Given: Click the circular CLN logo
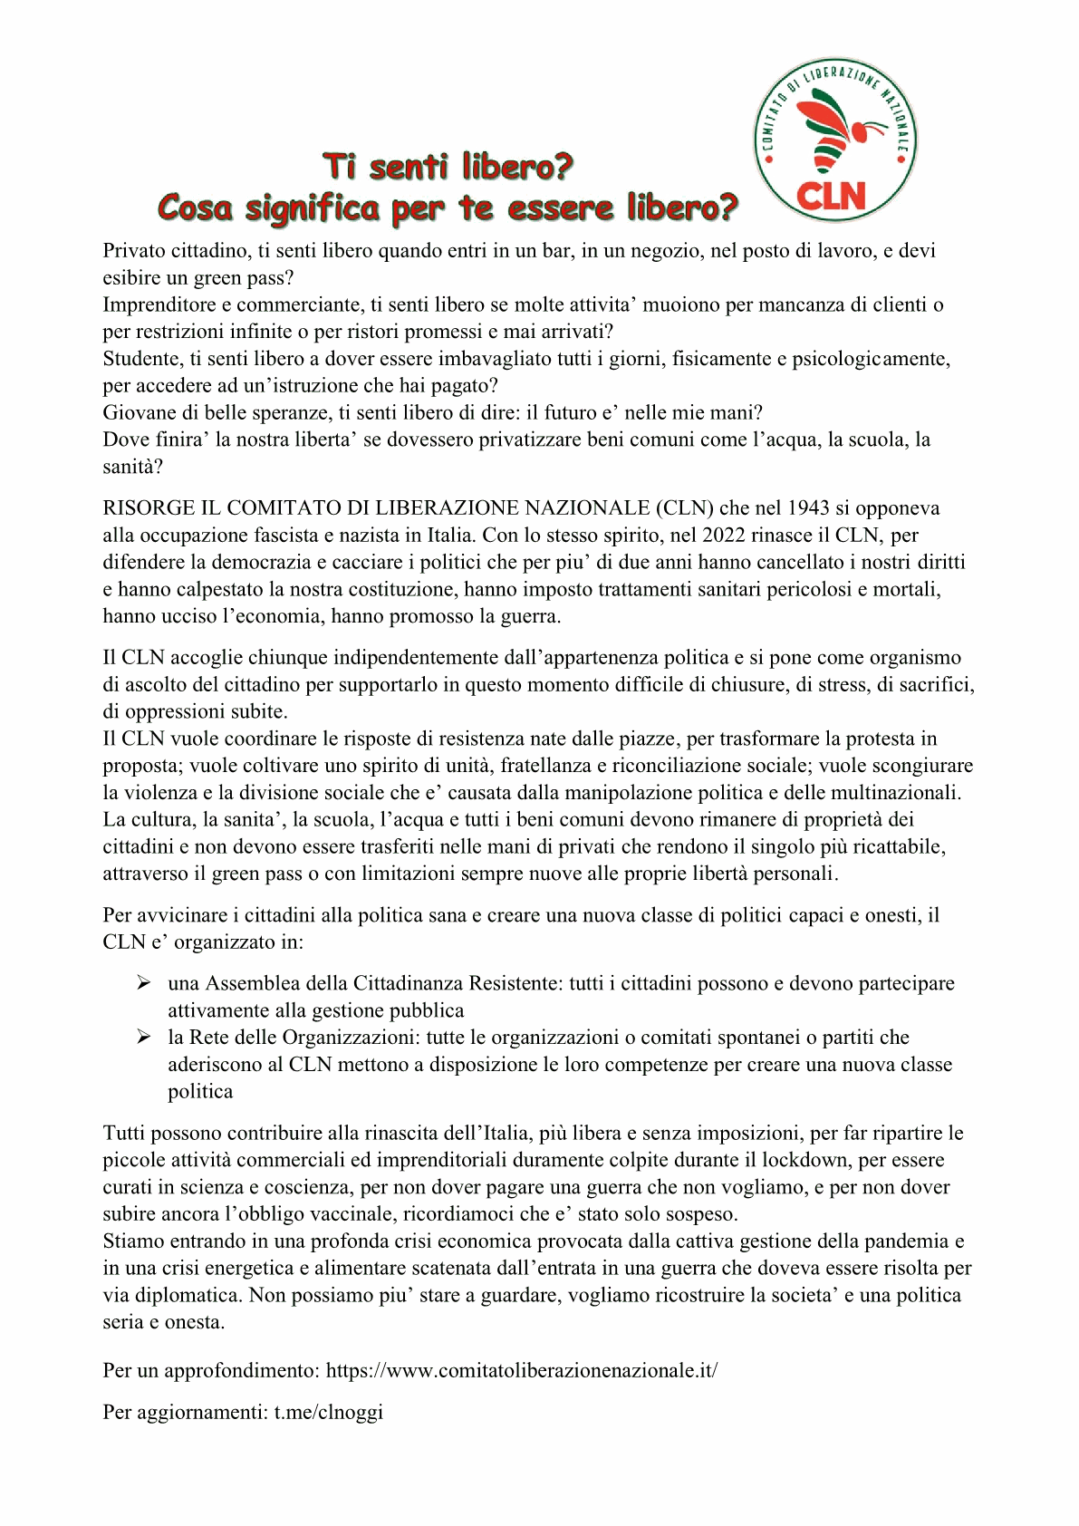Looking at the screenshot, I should tap(833, 140).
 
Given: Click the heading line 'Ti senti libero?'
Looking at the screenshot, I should tap(448, 167).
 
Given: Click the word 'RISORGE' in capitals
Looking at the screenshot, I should tap(149, 508).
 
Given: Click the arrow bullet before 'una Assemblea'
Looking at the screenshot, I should tap(144, 983).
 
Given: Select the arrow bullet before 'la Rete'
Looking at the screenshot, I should tap(144, 1038).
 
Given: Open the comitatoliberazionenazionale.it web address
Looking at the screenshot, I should tap(522, 1371).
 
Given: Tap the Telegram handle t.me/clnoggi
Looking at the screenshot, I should tap(329, 1412).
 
